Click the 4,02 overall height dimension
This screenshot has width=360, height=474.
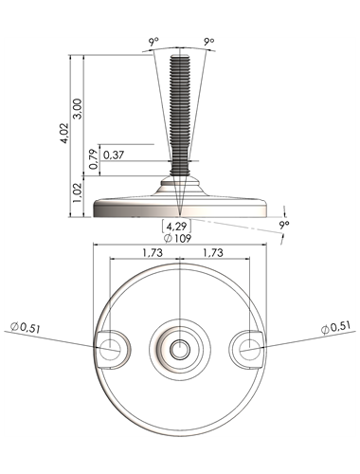pos(64,133)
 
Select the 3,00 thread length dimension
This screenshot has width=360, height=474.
pos(78,109)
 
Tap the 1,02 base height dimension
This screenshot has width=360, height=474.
pos(78,192)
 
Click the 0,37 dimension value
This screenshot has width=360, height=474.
pos(114,155)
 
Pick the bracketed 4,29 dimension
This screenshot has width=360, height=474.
pos(176,227)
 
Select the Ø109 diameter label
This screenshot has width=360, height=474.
pos(177,238)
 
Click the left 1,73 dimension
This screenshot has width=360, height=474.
pos(153,253)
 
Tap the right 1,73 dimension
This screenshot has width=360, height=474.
pos(213,253)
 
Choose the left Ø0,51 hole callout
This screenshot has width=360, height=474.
pos(26,328)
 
